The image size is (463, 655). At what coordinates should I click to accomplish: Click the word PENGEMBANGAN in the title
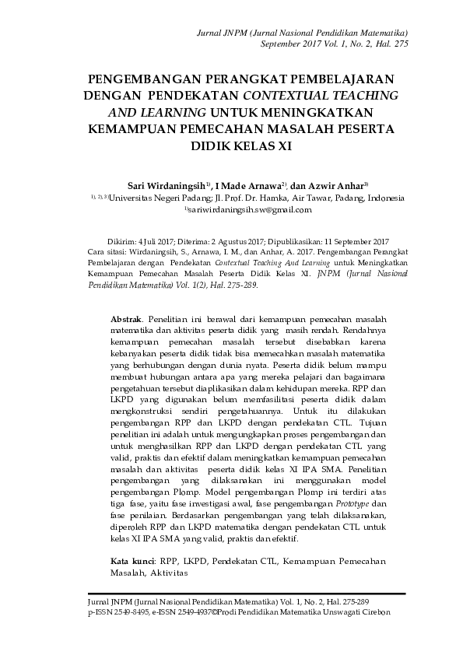[x=134, y=79]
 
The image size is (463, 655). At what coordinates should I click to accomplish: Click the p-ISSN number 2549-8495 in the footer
[x=125, y=613]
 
